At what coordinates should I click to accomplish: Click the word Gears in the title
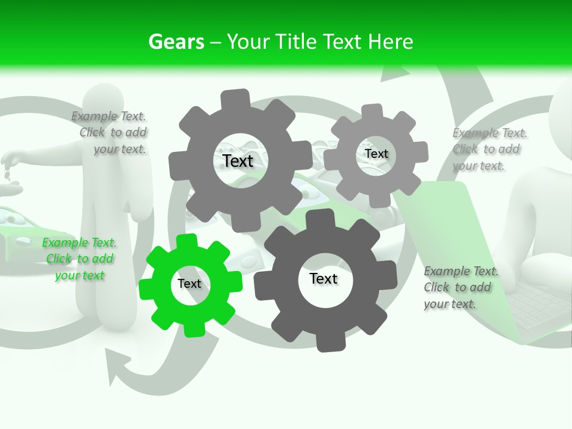[175, 42]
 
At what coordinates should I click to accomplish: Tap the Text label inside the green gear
[189, 284]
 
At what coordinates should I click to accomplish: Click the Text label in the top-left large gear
[238, 161]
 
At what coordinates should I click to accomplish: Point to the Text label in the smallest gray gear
[377, 154]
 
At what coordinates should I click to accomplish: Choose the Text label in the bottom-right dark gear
[324, 278]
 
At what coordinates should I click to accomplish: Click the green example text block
[79, 259]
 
